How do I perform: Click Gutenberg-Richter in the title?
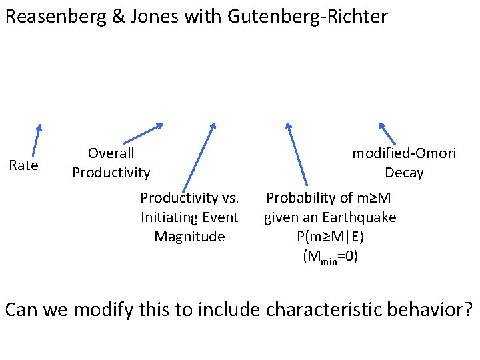307,16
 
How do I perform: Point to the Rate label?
23,165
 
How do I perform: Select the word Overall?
111,153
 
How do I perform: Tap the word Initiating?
189,217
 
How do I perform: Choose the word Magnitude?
189,237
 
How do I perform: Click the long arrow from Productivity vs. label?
199,156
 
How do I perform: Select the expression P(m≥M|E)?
330,237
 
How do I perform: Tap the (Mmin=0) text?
330,257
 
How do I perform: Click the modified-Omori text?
404,153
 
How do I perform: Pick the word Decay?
404,173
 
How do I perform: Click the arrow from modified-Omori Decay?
387,133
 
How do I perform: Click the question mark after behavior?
468,310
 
